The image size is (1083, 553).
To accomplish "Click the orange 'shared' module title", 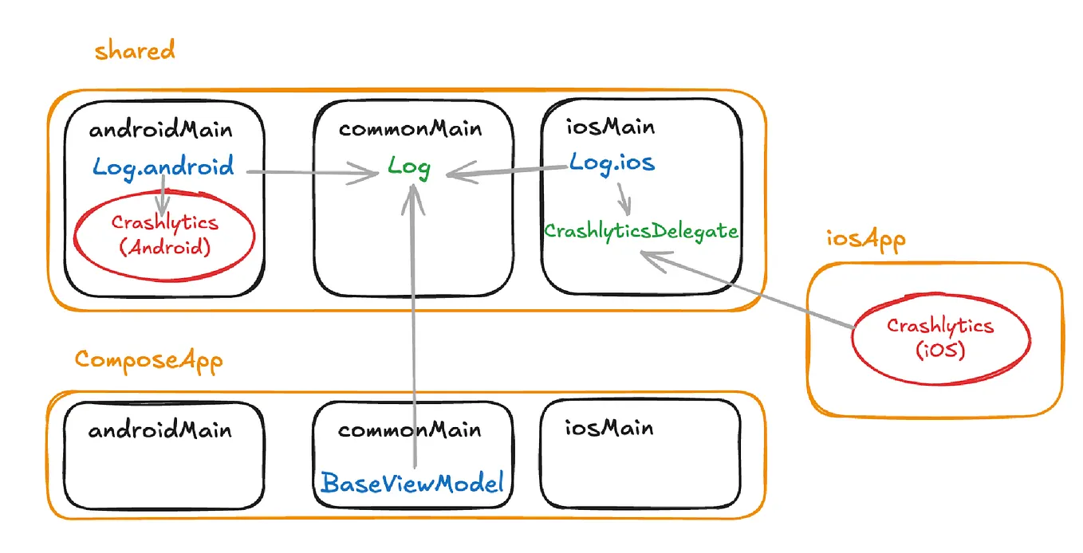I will (134, 52).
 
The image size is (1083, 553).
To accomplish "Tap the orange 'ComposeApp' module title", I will (148, 360).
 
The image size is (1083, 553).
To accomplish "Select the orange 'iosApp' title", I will (865, 239).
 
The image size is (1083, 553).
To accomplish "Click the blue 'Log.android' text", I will (163, 167).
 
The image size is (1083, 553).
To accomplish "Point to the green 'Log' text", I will (409, 167).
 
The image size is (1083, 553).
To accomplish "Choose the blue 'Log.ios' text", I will (612, 163).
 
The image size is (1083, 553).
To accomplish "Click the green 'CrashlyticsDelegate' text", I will (641, 232).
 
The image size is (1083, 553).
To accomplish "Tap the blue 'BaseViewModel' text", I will (412, 483).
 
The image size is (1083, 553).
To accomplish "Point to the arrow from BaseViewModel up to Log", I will (413, 319).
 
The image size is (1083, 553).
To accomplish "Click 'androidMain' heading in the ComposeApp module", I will (159, 431).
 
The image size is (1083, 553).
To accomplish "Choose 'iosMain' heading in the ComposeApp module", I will (597, 428).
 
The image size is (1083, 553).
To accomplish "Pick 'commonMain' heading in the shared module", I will (410, 129).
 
